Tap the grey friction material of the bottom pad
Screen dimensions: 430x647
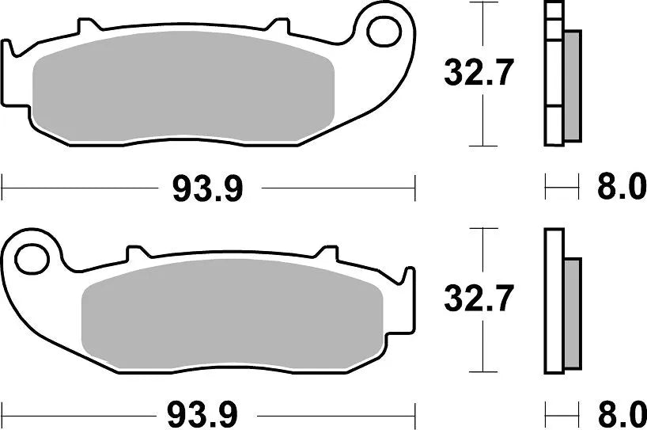coord(233,315)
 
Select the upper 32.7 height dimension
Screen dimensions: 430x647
coord(479,74)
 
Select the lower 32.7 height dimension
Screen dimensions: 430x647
coord(479,299)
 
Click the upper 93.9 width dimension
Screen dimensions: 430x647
coord(206,188)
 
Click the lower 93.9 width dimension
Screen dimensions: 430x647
coord(206,413)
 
